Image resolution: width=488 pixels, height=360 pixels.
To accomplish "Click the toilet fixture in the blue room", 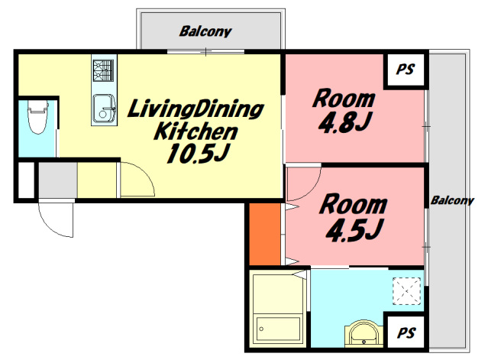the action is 38,117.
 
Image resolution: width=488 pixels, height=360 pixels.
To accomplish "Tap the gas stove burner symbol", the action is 103,70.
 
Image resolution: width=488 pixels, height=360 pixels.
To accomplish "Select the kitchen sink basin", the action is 104,108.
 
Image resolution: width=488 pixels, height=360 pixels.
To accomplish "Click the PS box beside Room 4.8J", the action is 406,70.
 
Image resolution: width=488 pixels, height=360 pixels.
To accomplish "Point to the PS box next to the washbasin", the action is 406,332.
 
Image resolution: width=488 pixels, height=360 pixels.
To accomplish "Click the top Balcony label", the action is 205,31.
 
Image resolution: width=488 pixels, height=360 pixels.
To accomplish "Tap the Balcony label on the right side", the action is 452,200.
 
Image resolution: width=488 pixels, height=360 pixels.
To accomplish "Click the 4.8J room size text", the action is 345,122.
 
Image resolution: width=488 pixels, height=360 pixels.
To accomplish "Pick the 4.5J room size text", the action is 354,230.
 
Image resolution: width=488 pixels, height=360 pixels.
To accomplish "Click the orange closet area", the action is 265,234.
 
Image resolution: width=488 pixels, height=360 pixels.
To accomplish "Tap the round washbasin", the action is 364,333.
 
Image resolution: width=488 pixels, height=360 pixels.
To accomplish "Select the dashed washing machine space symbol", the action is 406,291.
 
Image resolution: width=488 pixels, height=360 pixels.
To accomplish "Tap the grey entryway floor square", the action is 57,180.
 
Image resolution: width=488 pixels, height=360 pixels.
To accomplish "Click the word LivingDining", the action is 196,109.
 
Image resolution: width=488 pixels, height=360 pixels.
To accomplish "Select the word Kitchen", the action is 196,131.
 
